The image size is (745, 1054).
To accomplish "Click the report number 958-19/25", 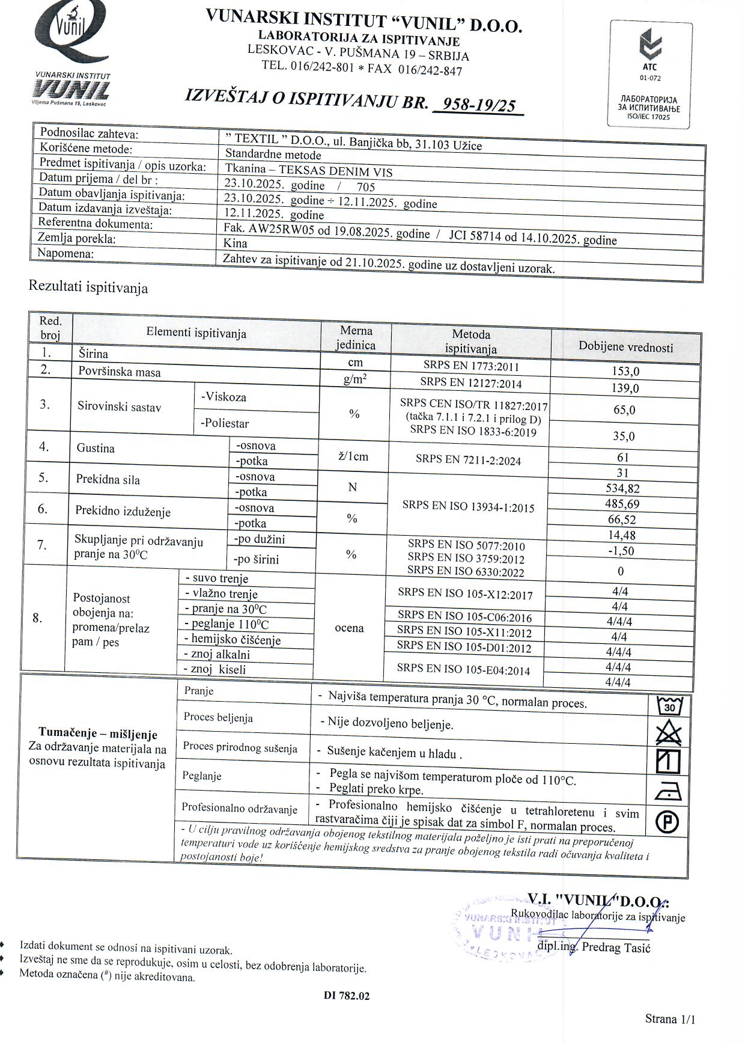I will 478,105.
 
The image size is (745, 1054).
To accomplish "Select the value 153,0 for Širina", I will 625,372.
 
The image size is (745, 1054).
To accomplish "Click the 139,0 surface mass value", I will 625,388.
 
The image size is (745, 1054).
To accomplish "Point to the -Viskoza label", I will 223,397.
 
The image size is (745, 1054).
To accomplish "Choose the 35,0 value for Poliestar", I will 624,436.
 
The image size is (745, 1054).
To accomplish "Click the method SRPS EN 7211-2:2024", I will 468,461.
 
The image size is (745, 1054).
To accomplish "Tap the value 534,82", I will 622,488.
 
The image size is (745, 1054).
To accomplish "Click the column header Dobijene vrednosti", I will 625,346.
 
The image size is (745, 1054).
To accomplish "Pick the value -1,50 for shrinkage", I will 621,551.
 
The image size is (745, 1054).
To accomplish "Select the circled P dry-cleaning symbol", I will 667,821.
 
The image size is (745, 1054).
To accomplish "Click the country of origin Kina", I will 235,244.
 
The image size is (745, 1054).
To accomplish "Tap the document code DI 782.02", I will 347,996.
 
